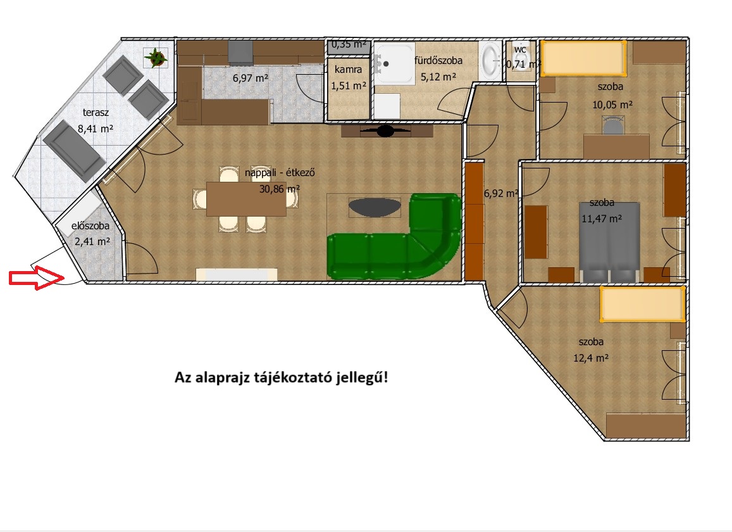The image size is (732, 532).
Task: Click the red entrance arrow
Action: click(37, 277)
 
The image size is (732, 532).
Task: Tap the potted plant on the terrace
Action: click(156, 58)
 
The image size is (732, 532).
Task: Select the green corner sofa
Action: click(395, 237)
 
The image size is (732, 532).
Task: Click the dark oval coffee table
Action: click(375, 207)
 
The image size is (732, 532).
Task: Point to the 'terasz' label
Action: click(96, 112)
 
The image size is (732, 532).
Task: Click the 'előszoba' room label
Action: click(90, 226)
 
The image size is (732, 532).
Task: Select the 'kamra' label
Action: click(348, 69)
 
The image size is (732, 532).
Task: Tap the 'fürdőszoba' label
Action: click(438, 60)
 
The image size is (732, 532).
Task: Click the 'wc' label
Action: click(520, 49)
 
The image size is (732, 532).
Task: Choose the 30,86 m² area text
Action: click(280, 189)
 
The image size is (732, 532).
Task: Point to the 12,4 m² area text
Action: click(591, 358)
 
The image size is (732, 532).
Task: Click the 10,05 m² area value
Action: click(612, 104)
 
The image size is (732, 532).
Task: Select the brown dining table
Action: click(246, 199)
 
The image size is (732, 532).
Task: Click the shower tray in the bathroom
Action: click(394, 64)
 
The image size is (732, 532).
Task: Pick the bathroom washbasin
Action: click(490, 60)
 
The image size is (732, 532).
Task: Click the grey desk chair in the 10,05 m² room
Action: click(613, 125)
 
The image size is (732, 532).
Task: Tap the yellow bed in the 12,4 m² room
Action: click(642, 305)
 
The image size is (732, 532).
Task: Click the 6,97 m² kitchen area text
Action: click(251, 78)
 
